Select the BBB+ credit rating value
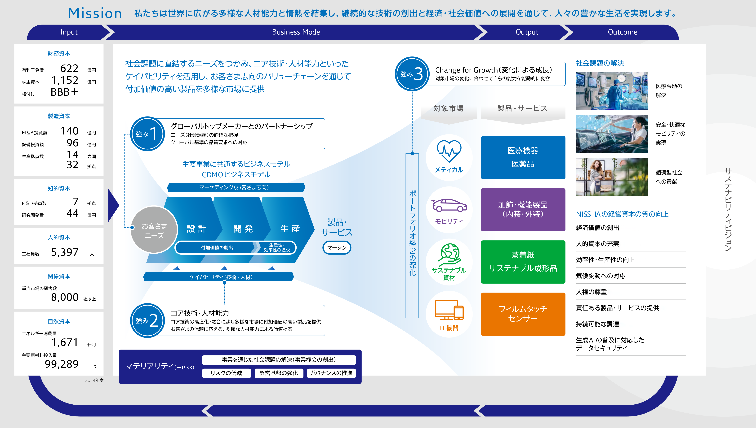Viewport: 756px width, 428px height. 64,92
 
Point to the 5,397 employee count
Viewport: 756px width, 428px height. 65,252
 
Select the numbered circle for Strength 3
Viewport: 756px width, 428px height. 412,74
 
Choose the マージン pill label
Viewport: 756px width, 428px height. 337,247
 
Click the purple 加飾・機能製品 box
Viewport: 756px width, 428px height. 523,210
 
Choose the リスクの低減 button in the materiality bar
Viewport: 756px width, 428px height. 226,373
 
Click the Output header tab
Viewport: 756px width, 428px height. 527,32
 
